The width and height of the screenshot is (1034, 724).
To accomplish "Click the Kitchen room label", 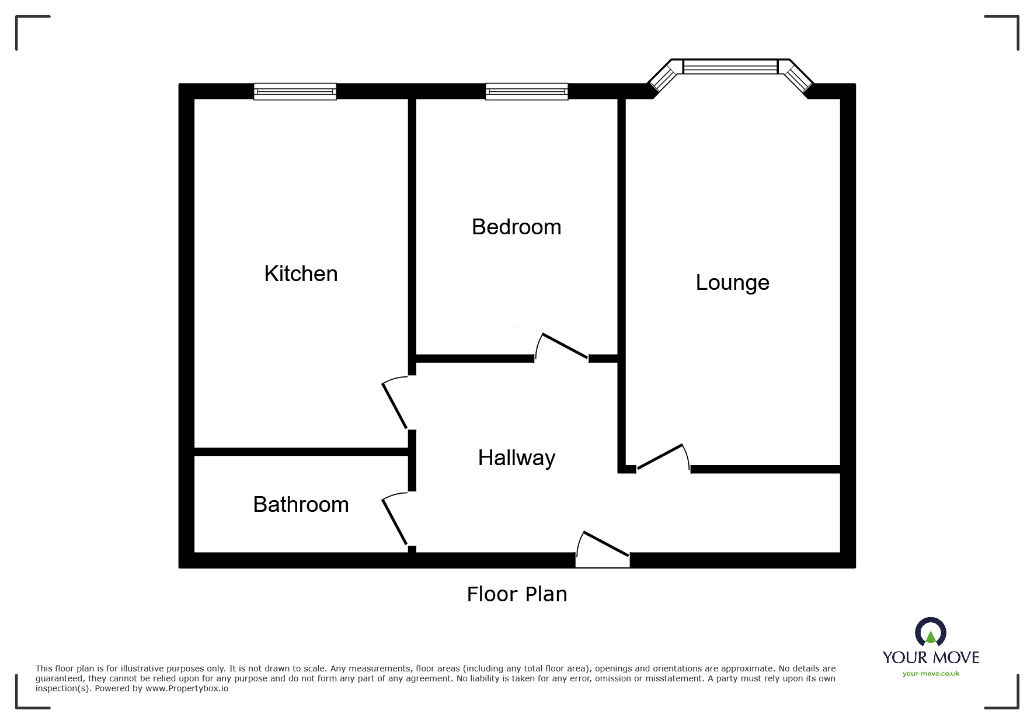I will pyautogui.click(x=301, y=273).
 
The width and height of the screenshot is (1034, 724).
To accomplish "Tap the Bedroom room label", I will pyautogui.click(x=516, y=227).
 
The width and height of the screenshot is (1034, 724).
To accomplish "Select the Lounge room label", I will pyautogui.click(x=732, y=282).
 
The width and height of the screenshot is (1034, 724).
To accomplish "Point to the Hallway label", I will pyautogui.click(x=516, y=458).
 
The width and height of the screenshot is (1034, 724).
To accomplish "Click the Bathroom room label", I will pyautogui.click(x=301, y=504).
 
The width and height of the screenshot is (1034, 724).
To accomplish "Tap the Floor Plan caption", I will pyautogui.click(x=517, y=594).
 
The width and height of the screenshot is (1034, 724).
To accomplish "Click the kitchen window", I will pyautogui.click(x=295, y=92).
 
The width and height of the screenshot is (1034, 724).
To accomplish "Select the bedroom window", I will pyautogui.click(x=527, y=92).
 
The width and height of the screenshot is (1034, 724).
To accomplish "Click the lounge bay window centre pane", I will pyautogui.click(x=730, y=67).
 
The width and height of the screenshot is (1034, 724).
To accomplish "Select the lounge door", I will pyautogui.click(x=660, y=456).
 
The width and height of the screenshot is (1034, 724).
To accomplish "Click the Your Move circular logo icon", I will pyautogui.click(x=931, y=633).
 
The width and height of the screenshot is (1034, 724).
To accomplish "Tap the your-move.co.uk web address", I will pyautogui.click(x=931, y=674).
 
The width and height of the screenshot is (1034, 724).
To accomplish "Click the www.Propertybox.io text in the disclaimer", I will pyautogui.click(x=187, y=688).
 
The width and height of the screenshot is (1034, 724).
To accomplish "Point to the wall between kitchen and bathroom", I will pyautogui.click(x=301, y=452).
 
